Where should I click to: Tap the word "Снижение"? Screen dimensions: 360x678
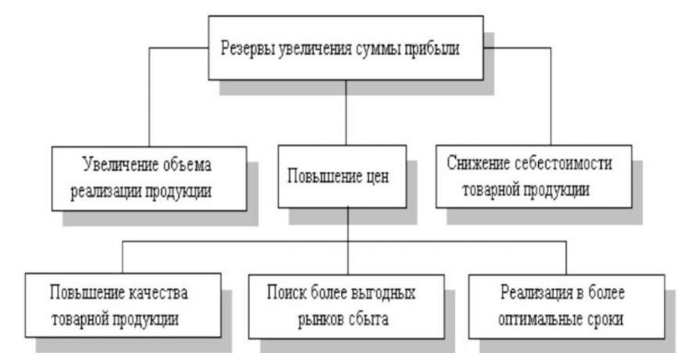(x=477, y=165)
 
